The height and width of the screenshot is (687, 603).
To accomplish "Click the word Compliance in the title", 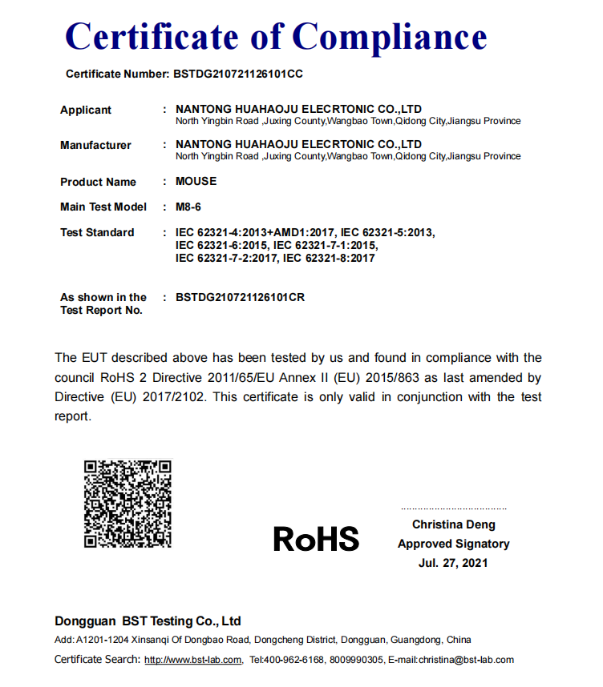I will pos(389,37).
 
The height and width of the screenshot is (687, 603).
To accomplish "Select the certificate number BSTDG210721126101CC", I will pos(238,74).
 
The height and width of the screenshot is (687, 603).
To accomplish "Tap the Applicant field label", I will pos(86,110).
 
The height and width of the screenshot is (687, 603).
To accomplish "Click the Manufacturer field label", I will pos(95,145).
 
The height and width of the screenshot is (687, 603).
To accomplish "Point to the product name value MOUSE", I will pos(196,181).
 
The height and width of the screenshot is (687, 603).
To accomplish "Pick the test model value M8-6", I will pos(188,207).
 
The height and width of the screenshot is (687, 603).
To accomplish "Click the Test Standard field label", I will pos(97,232).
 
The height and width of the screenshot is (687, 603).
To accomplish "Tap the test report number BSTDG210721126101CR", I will pos(240,297).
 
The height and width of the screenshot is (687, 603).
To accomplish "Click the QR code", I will pos(128,504).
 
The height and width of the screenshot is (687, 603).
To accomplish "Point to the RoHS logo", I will pos(316,539).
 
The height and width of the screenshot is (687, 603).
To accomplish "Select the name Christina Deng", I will pos(454,524).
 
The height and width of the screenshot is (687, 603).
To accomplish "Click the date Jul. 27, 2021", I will pos(453,563).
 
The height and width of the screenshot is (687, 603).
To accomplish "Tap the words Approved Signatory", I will pos(454,544).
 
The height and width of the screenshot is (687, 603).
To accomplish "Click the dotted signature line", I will pos(454,509).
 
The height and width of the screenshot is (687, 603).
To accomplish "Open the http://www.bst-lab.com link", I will pos(192,660).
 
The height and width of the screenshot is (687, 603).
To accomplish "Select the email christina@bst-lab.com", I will pos(462,660).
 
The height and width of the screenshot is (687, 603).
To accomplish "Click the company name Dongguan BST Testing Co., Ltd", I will pos(148,621).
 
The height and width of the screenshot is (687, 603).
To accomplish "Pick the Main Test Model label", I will pos(103,207).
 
